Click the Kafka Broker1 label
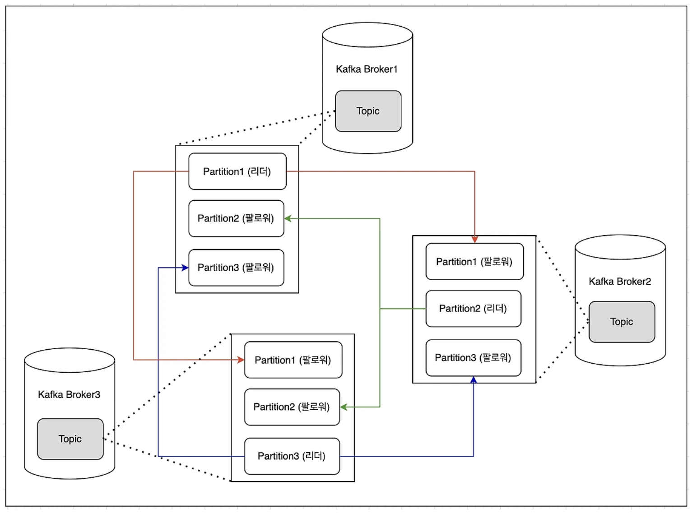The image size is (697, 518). [x=367, y=69]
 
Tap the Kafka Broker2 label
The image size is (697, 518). [x=620, y=282]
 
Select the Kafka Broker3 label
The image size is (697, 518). [x=69, y=394]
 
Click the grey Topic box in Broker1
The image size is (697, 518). [x=368, y=111]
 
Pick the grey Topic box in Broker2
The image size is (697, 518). [x=622, y=322]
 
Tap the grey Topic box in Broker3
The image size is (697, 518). [x=70, y=439]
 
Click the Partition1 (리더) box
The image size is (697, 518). [x=237, y=171]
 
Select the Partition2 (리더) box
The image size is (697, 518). [x=473, y=309]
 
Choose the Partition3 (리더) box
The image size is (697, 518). [x=292, y=456]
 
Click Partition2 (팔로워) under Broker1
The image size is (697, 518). [x=236, y=218]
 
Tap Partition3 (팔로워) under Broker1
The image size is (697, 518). [x=236, y=268]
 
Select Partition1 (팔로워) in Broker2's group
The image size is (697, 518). [x=474, y=261]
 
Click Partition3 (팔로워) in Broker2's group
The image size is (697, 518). [x=473, y=358]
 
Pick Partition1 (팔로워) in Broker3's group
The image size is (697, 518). [x=293, y=360]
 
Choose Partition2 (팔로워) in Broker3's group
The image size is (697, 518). [x=292, y=407]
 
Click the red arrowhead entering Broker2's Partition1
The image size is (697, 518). [x=474, y=240]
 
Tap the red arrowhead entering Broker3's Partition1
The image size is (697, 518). [x=241, y=360]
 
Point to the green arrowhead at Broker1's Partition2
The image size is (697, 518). [x=288, y=218]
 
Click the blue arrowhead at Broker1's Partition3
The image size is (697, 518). [x=185, y=268]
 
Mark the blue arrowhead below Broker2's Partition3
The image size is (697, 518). [x=473, y=380]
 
